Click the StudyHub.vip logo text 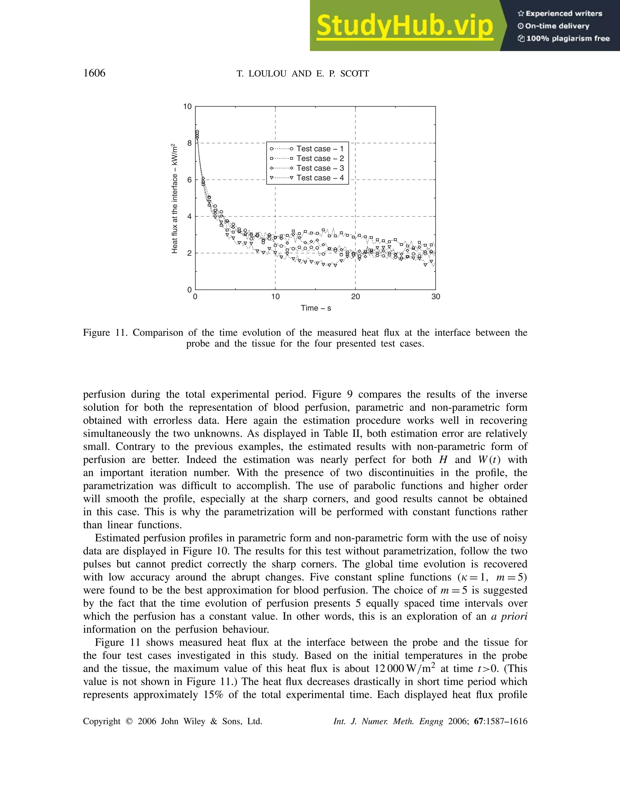[404, 26]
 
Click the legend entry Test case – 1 [320, 148]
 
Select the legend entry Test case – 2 [320, 158]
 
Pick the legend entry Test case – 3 [320, 168]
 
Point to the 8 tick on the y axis [190, 143]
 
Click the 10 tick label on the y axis [187, 107]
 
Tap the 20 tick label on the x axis [355, 297]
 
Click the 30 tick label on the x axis [435, 297]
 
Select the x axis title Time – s [315, 308]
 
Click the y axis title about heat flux [175, 199]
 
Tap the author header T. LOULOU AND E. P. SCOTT [303, 74]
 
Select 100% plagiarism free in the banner [568, 38]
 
